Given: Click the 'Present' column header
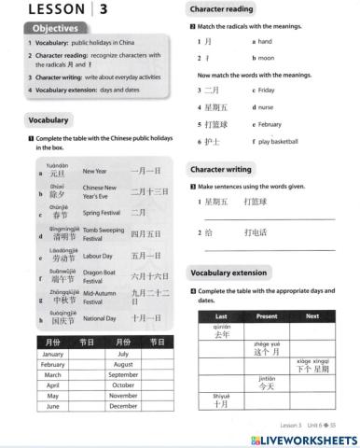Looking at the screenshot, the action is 267,316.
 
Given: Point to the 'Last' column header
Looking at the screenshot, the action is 222,316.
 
